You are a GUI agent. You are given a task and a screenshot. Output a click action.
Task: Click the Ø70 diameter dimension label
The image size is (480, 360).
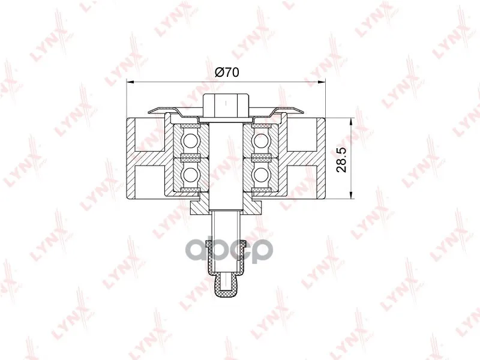[x=227, y=72]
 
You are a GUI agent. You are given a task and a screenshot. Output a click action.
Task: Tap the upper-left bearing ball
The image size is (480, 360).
[x=190, y=140]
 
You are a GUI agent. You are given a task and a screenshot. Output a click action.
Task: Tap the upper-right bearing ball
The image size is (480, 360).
[x=260, y=140]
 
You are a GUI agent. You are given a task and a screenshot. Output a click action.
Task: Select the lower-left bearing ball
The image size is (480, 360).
[x=190, y=174]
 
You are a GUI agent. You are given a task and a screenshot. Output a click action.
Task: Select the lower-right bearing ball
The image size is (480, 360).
[x=260, y=174]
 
